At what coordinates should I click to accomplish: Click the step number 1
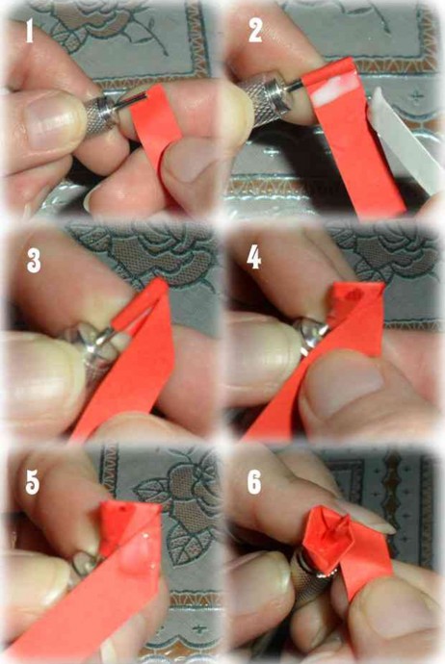29,31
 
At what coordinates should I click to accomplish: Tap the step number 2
255,31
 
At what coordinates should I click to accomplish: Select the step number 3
34,261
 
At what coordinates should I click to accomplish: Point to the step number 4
253,258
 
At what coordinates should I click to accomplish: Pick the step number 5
32,483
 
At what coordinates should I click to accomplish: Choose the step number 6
254,482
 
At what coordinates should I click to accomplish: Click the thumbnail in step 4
349,390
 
